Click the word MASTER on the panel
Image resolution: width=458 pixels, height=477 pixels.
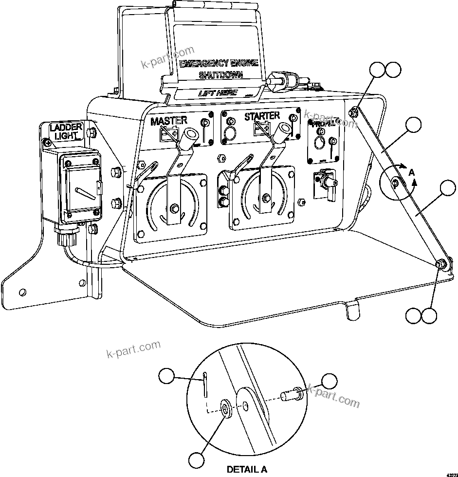click(168, 120)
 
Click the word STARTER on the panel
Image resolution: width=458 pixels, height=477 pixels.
click(262, 116)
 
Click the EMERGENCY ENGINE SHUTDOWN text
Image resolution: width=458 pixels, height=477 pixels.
click(217, 69)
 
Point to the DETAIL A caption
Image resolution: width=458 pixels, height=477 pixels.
click(247, 470)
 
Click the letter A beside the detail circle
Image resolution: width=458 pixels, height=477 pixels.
click(412, 173)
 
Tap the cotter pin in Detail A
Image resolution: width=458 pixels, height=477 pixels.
click(205, 382)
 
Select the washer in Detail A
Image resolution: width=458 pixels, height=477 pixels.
click(226, 408)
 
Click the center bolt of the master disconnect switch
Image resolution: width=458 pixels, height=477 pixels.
click(174, 210)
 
